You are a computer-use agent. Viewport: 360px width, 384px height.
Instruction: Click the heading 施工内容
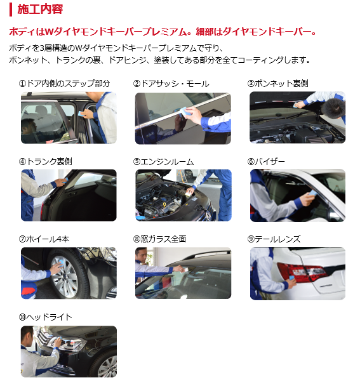tap(40, 10)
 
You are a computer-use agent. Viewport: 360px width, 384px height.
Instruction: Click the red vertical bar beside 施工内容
tap(11, 10)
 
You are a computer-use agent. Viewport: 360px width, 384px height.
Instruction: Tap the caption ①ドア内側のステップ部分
tap(64, 84)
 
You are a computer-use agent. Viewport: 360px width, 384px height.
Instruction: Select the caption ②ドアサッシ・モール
tap(171, 84)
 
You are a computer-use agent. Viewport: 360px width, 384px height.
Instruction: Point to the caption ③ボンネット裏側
tap(277, 84)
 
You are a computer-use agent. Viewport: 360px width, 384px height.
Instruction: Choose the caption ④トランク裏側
tap(45, 162)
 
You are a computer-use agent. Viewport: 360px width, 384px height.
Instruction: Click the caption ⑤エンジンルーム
tap(163, 162)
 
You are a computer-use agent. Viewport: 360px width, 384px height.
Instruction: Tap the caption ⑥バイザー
tap(266, 162)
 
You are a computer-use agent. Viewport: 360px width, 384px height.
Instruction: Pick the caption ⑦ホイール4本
tap(44, 239)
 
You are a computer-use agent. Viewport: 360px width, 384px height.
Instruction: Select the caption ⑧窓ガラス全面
tap(159, 239)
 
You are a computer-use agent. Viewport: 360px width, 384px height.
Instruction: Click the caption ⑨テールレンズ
tap(274, 239)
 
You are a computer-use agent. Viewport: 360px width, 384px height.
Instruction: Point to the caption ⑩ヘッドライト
tap(46, 317)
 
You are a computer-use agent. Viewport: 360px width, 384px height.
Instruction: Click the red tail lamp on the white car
tap(302, 272)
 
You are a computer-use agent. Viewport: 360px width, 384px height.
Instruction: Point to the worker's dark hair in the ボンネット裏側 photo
tap(333, 109)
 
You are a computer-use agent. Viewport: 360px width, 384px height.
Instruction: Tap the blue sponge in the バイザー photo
tap(313, 193)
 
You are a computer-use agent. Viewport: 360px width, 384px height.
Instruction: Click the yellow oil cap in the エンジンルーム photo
tap(165, 204)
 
